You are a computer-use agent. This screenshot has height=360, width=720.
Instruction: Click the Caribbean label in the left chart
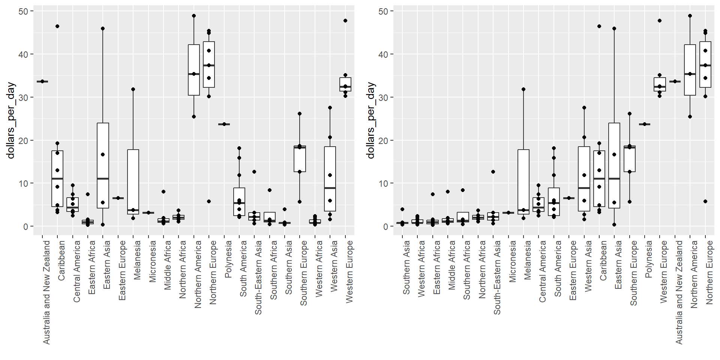61,260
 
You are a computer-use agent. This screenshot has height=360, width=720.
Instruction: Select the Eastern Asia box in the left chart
103,165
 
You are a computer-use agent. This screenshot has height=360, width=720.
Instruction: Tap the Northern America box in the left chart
194,70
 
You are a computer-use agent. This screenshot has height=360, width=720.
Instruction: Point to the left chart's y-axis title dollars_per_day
11,120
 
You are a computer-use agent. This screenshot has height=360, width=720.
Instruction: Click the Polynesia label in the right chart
648,259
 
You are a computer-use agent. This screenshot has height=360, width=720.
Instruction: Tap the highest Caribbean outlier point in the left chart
57,26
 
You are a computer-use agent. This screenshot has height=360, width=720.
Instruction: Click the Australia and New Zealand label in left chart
46,292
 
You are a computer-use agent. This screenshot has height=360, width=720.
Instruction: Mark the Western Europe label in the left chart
349,271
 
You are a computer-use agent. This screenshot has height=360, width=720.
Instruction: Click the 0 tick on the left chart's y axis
25,226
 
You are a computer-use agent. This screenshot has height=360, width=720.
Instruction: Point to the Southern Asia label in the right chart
406,267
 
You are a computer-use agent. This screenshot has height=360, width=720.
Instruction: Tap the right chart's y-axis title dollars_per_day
371,120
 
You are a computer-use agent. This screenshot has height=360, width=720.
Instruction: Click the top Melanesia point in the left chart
133,89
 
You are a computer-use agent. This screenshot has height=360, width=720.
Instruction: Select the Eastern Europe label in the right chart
573,270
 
